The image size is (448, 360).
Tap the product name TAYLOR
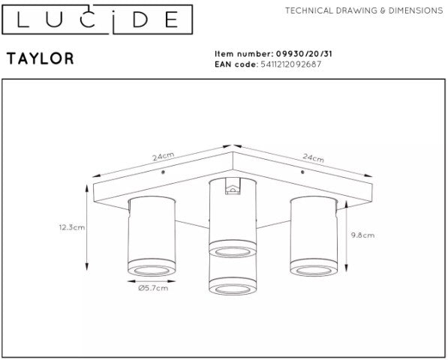40,58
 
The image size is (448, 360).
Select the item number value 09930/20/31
301,54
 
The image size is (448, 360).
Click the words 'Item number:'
242,54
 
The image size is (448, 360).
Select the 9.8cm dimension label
362,234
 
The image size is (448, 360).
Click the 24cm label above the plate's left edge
164,157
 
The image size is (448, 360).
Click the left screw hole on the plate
163,172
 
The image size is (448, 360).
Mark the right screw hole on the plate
302,172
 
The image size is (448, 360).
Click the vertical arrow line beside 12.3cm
89,226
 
